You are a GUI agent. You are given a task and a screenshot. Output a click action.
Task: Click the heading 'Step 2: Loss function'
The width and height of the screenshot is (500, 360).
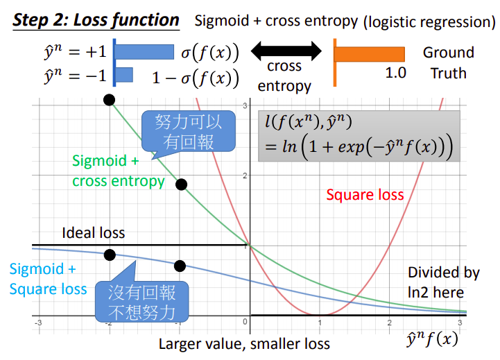[96, 19]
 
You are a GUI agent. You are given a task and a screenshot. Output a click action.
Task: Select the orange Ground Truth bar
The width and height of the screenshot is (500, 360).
[370, 53]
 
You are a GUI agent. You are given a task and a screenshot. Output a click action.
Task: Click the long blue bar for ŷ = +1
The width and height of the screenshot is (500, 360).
[144, 51]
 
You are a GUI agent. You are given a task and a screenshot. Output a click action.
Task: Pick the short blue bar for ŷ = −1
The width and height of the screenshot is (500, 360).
[124, 75]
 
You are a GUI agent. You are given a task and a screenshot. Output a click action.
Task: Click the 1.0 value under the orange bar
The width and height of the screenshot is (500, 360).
[396, 73]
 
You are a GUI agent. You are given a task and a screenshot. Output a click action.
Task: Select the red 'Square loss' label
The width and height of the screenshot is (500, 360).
[365, 194]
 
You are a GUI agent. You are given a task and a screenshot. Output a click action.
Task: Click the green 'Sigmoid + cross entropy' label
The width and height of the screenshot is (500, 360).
[119, 171]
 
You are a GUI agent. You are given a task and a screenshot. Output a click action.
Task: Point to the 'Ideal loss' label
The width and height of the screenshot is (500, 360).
[94, 232]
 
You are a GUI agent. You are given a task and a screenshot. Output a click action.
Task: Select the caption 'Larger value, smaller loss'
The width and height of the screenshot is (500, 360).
[244, 343]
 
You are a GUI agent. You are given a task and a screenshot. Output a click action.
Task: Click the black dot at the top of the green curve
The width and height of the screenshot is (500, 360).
[109, 100]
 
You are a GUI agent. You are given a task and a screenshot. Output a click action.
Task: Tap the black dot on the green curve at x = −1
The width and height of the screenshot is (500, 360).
[181, 185]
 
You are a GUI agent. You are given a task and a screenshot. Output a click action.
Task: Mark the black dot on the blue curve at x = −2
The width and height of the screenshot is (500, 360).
[109, 255]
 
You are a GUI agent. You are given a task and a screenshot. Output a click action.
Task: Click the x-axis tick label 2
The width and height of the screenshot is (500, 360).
[389, 323]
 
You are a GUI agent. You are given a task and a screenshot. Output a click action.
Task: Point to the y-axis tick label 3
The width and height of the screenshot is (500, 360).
[245, 105]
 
